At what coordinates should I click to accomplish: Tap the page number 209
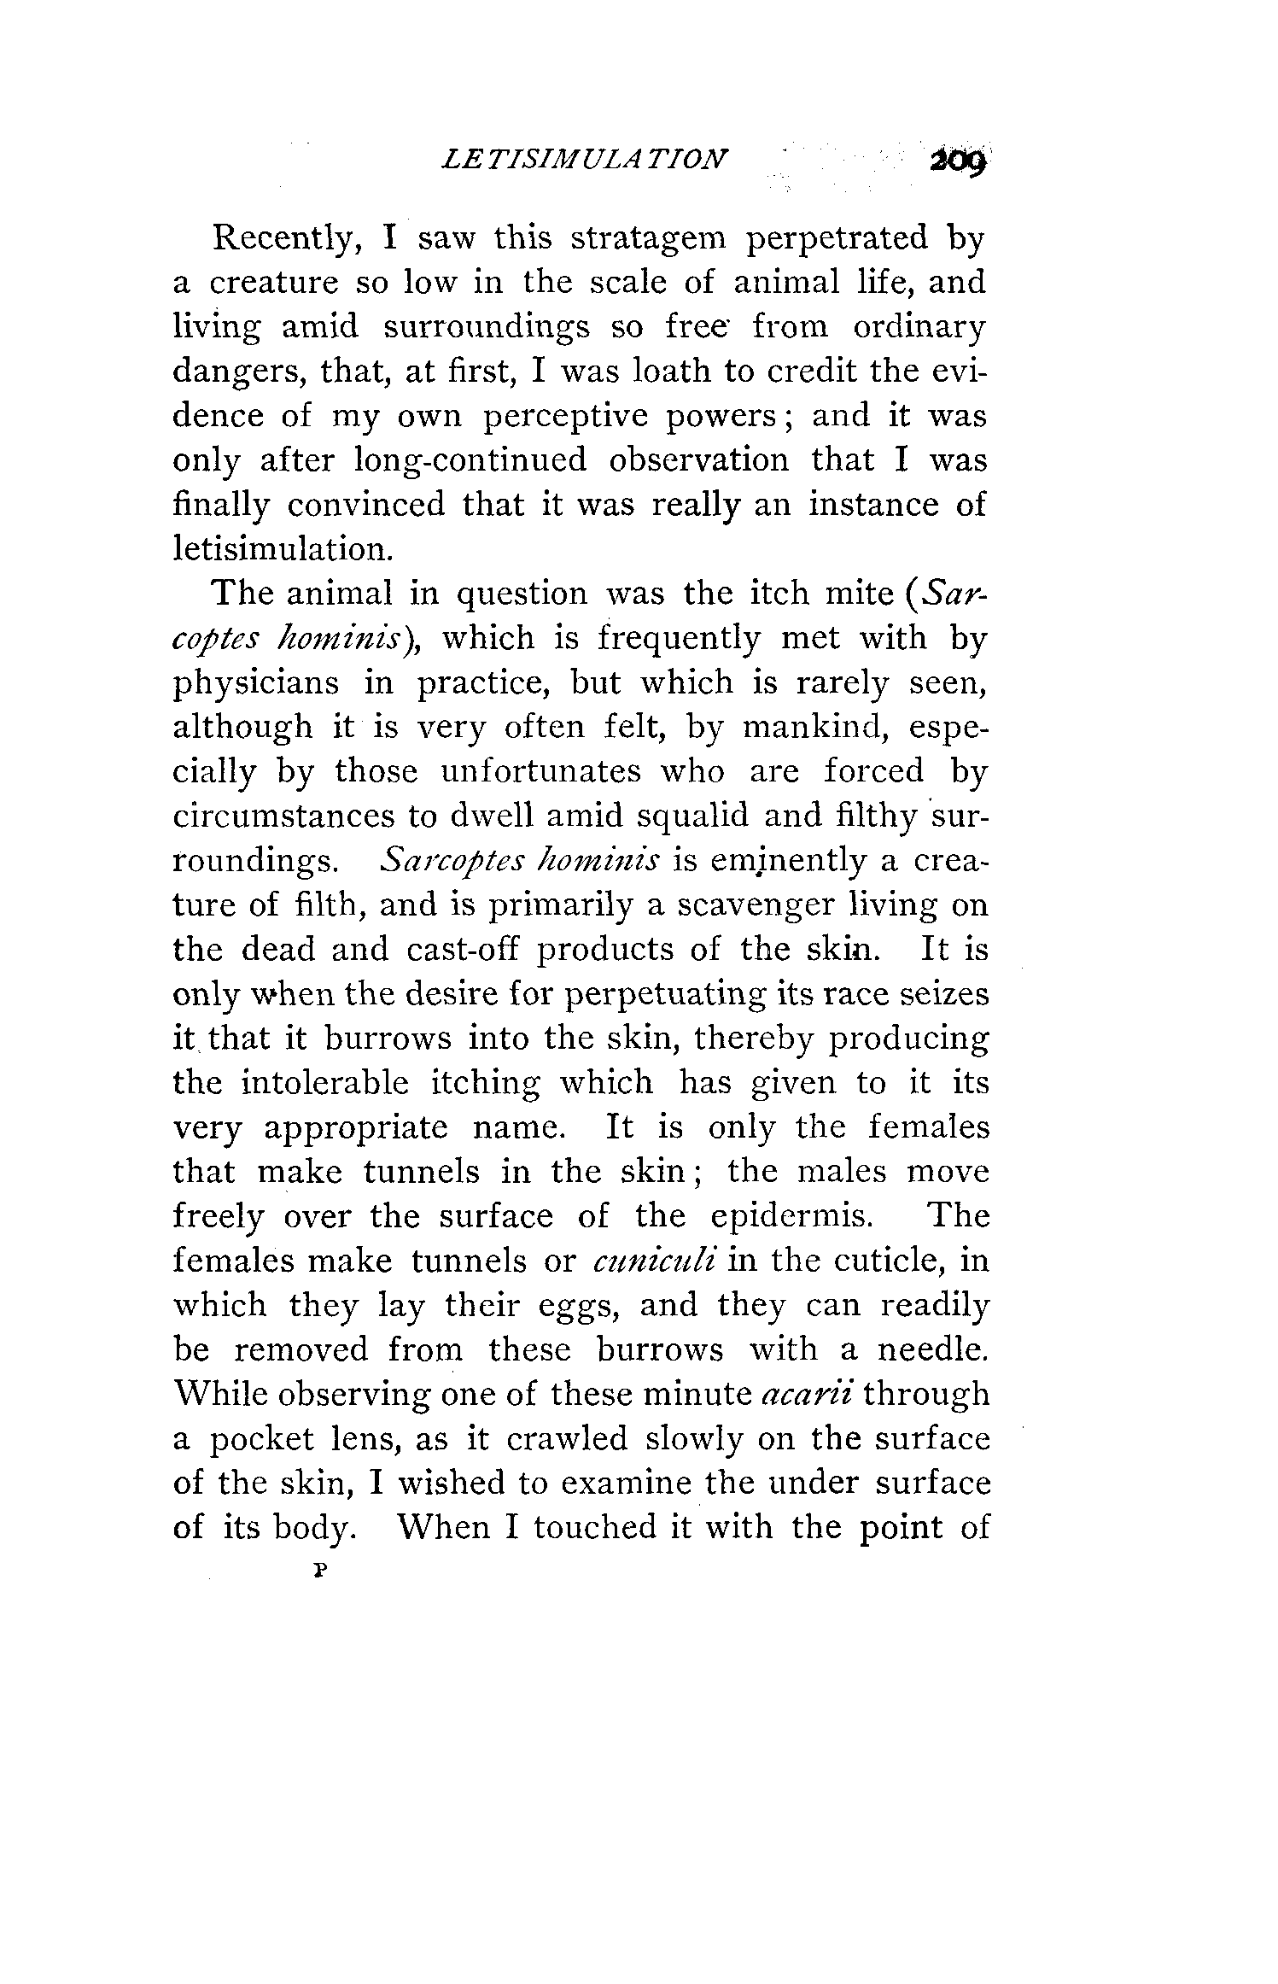pos(958,161)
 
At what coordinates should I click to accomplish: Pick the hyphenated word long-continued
pos(470,460)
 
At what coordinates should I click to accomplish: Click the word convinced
pos(366,504)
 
